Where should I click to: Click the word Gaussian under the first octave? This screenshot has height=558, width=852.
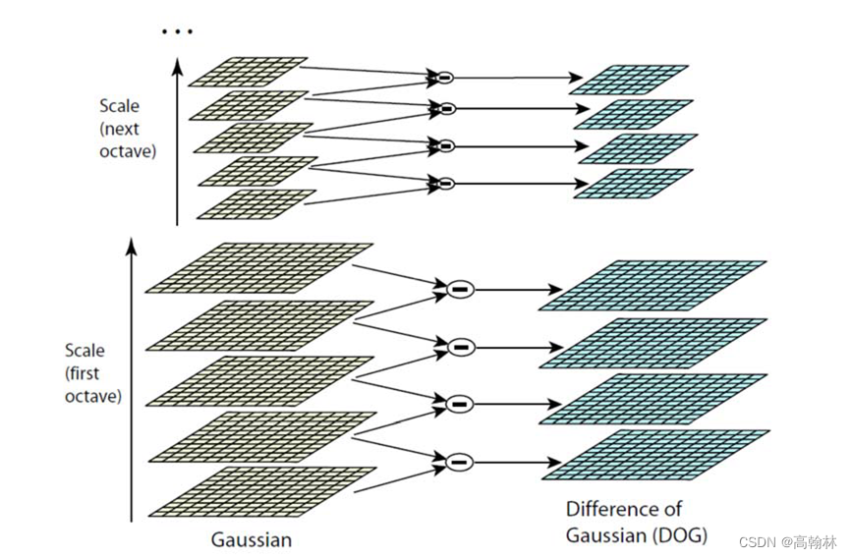(252, 539)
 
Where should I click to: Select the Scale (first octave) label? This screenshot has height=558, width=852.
(92, 373)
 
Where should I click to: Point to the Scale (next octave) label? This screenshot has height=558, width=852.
(127, 129)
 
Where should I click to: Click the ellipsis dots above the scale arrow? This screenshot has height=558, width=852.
(177, 31)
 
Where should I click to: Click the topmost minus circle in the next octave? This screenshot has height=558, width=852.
(445, 76)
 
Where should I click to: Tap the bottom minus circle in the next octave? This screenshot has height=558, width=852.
(445, 183)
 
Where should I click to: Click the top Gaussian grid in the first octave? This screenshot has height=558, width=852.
(259, 267)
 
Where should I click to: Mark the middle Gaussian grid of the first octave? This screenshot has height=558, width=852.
(259, 380)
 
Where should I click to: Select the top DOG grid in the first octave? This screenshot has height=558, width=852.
(653, 286)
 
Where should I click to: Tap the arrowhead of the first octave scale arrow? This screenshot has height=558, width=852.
(132, 242)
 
